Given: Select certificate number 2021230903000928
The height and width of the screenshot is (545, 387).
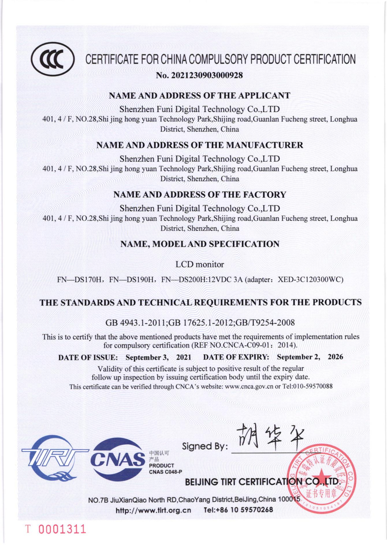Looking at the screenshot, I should [x=207, y=76].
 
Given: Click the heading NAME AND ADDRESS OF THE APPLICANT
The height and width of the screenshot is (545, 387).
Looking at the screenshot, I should [x=200, y=95].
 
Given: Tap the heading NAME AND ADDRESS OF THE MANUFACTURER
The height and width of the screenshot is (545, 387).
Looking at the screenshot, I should [x=200, y=145].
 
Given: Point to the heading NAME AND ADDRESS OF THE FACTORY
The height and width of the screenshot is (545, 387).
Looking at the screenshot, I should [x=200, y=195].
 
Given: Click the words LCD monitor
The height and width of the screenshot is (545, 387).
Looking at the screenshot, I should [x=200, y=264].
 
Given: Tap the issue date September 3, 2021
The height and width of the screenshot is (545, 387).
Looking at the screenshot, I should [x=158, y=357].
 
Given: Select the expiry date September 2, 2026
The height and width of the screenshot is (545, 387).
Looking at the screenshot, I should [x=310, y=357].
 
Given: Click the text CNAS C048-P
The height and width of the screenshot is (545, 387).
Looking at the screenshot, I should [x=165, y=472].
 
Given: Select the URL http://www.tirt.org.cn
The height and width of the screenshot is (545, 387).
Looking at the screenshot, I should [x=153, y=510].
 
